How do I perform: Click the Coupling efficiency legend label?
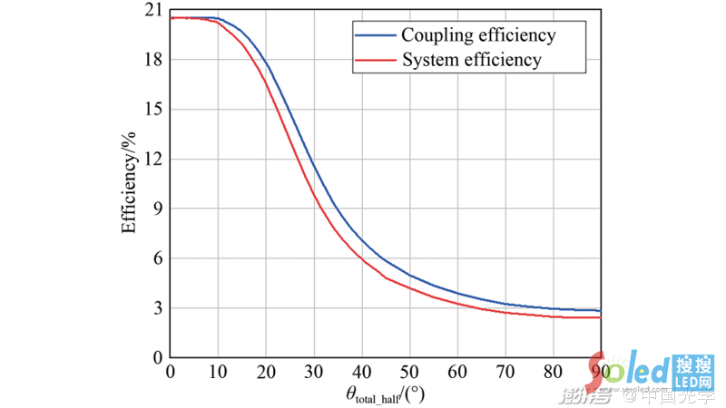(x=478, y=36)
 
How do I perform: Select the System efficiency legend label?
(x=471, y=61)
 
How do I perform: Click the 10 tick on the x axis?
(x=218, y=372)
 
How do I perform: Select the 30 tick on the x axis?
(x=313, y=372)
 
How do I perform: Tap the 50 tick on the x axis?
(x=409, y=372)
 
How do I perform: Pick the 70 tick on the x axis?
(x=505, y=372)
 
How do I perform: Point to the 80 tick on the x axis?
(x=553, y=372)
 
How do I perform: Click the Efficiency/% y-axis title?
(x=129, y=184)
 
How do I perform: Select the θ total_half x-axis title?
(x=385, y=395)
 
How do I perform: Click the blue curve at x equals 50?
(x=409, y=274)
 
